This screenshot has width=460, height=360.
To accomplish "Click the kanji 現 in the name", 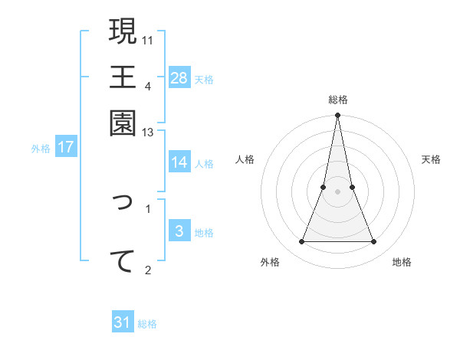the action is click(123, 31).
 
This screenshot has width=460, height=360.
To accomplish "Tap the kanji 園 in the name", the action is click(123, 122).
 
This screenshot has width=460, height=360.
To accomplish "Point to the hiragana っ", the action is click(123, 202).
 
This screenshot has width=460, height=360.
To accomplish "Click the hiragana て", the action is click(123, 260).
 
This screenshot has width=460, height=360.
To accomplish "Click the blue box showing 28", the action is click(179, 78).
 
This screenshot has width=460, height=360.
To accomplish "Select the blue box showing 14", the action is click(179, 162).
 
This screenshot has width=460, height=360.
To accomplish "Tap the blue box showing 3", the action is click(179, 231).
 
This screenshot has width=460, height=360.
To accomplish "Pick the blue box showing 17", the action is click(66, 148).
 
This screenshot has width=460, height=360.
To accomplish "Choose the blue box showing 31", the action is click(123, 322).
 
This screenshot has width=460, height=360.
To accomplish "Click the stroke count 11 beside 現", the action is click(148, 39).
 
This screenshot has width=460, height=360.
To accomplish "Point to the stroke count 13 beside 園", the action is click(147, 133).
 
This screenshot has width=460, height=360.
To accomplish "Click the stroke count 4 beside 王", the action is click(147, 85).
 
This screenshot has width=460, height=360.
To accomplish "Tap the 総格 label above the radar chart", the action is click(337, 100).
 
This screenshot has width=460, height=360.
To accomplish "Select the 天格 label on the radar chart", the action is click(432, 159).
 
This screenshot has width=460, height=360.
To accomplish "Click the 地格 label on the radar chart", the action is click(402, 263).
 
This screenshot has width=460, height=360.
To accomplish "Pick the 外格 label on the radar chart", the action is click(270, 263).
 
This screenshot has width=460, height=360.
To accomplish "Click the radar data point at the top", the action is click(337, 116).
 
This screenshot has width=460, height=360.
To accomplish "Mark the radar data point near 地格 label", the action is click(374, 242).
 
